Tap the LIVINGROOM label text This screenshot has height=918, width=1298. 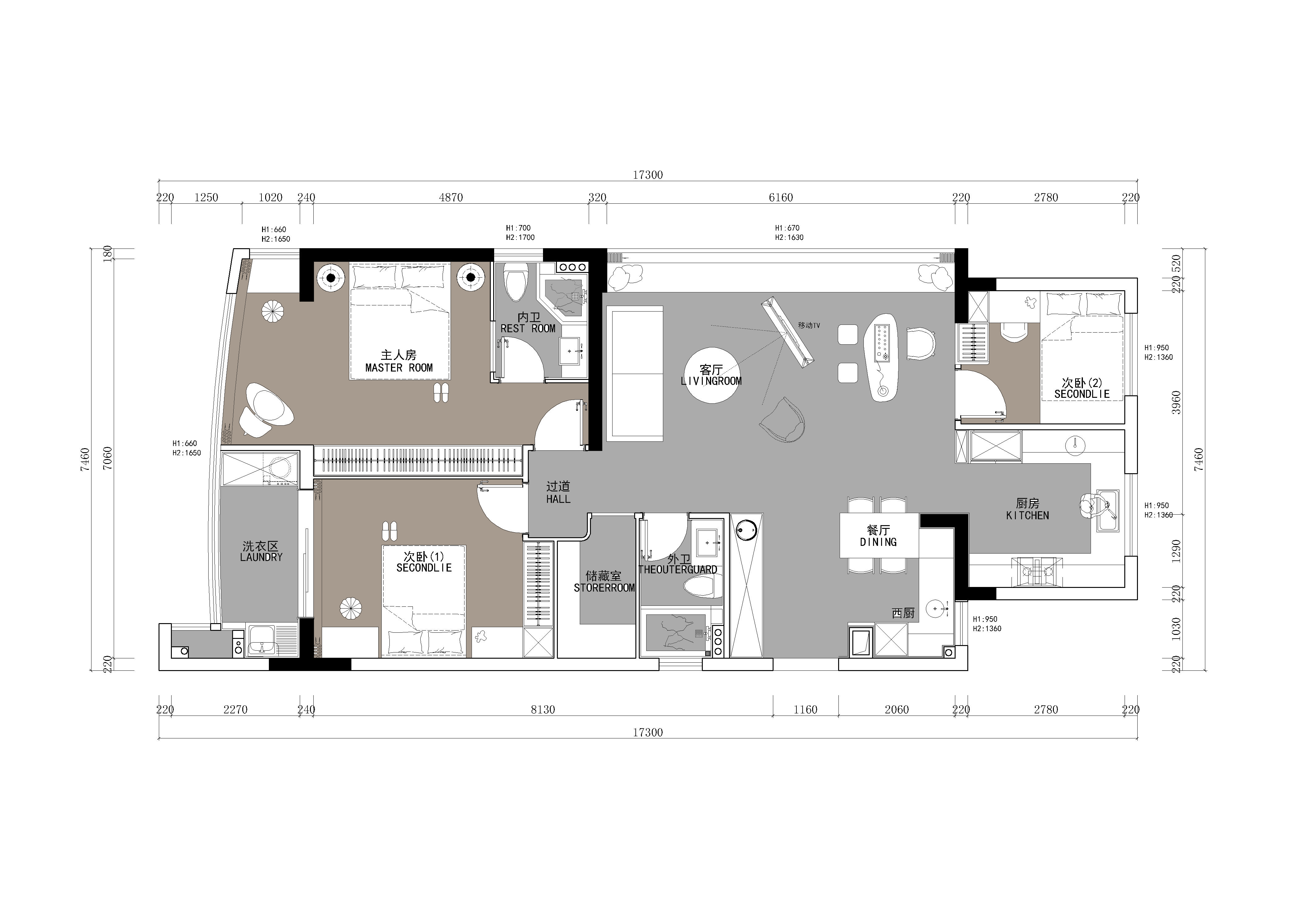tap(711, 381)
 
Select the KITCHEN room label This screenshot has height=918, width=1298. tap(1027, 516)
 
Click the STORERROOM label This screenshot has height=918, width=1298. tap(604, 588)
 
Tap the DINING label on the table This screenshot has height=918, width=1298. tap(879, 542)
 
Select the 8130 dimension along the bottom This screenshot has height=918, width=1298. tap(543, 709)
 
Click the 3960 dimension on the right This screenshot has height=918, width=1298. tap(1177, 402)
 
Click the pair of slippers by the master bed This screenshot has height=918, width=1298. tap(441, 393)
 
